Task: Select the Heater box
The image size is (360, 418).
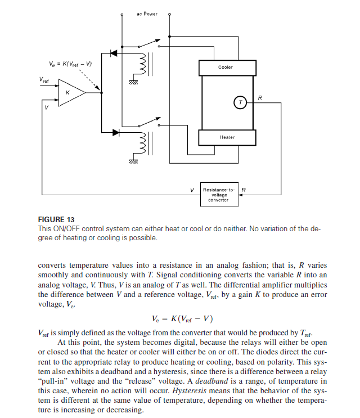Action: (227, 137)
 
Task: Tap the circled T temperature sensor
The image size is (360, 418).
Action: (240, 102)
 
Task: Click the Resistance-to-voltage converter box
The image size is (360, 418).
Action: (216, 195)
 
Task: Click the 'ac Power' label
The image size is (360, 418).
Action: (147, 14)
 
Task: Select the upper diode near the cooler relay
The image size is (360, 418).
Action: (114, 53)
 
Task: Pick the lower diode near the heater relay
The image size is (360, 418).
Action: (116, 132)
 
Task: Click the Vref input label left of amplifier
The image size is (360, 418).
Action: (44, 80)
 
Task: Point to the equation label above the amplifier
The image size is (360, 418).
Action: (70, 62)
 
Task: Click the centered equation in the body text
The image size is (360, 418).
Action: (182, 318)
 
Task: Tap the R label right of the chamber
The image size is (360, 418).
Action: (259, 98)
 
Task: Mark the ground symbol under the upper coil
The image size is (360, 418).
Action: (133, 82)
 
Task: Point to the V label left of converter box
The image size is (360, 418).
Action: (192, 190)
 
